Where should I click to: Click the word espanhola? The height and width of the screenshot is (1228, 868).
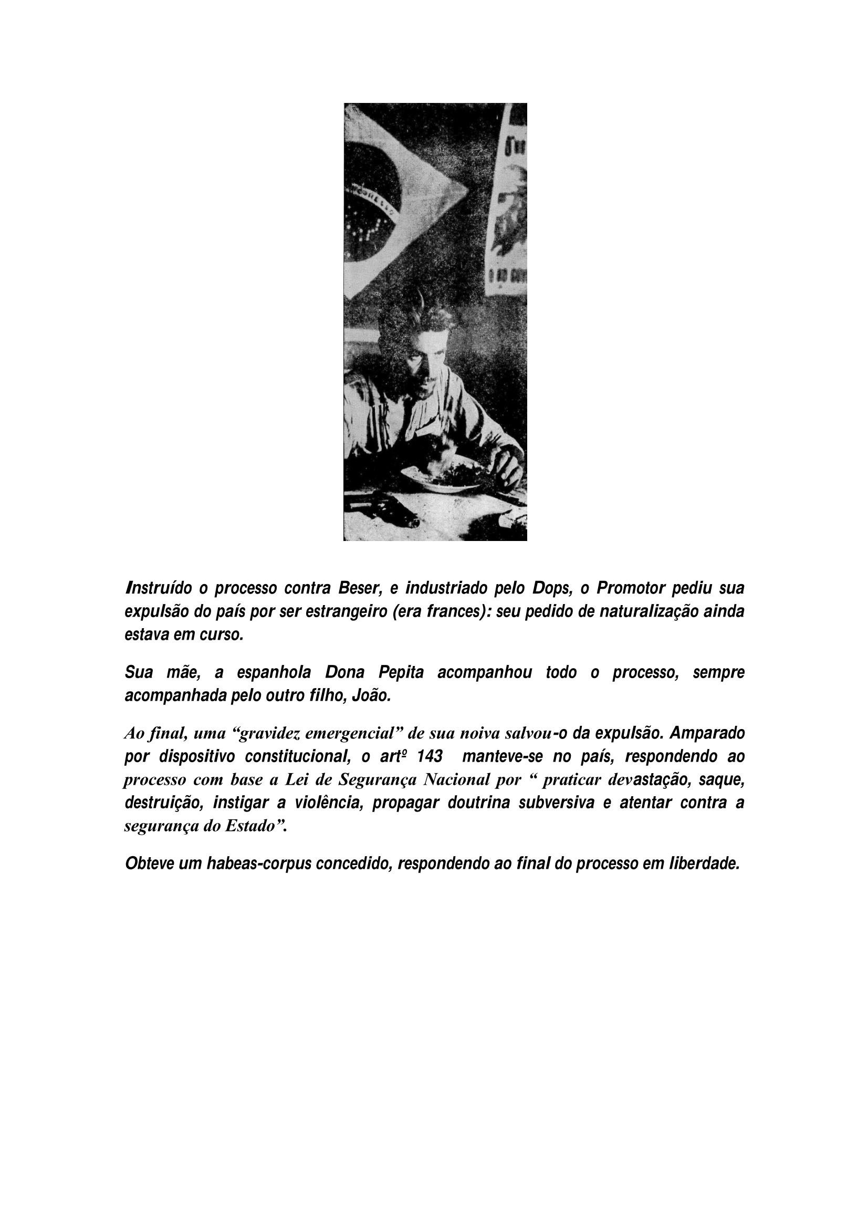click(278, 673)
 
